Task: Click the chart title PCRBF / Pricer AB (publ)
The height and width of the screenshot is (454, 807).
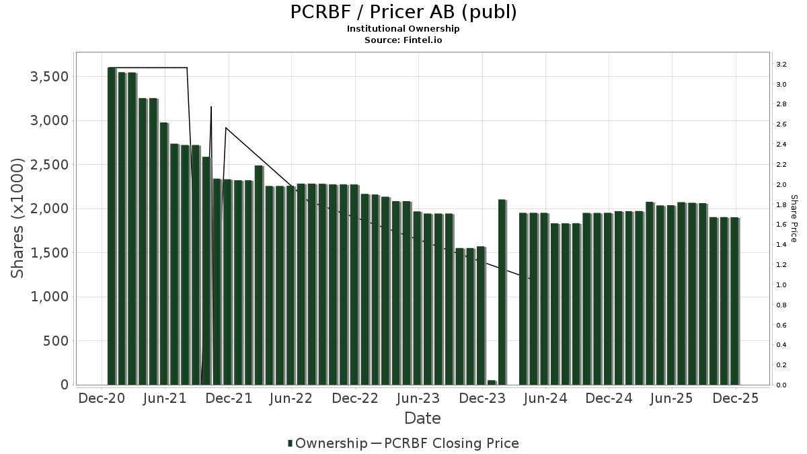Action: (403, 12)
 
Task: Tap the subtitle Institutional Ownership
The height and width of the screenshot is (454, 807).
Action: (403, 29)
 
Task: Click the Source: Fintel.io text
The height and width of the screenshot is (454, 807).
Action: (403, 40)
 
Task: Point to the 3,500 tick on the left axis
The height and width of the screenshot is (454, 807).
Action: (50, 77)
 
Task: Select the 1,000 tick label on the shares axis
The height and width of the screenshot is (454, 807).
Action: (50, 297)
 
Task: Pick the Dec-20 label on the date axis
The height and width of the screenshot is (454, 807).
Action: (102, 398)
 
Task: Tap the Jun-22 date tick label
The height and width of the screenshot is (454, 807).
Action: (291, 398)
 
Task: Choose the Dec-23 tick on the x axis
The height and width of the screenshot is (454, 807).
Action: (482, 398)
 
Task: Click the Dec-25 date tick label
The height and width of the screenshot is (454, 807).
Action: (736, 398)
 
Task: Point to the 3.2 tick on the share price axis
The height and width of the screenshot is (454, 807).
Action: (781, 65)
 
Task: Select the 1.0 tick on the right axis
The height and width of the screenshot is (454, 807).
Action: (781, 285)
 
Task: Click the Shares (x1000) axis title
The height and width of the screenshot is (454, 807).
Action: (17, 219)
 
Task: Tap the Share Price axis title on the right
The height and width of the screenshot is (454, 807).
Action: (794, 219)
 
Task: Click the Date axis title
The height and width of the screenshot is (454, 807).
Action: (422, 418)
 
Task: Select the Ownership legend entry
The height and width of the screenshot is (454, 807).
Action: (327, 443)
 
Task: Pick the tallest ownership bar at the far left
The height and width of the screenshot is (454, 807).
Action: (112, 226)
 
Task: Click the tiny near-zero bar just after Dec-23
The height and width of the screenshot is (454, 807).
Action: (492, 382)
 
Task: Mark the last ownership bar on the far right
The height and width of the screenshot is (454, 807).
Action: (734, 301)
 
